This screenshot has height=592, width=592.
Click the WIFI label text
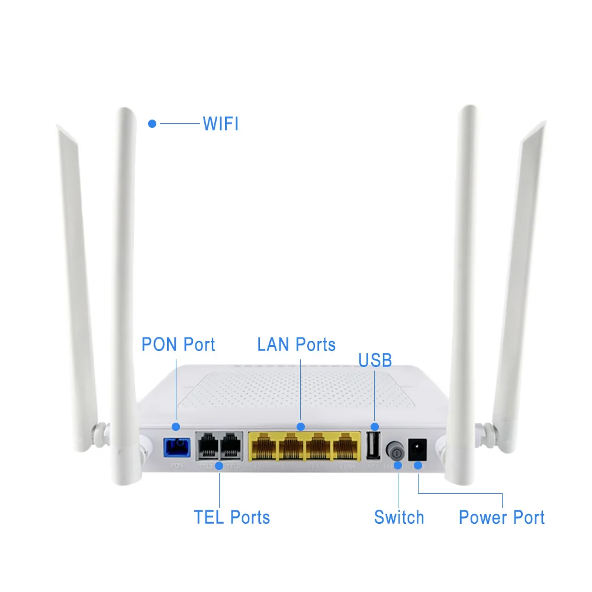pyautogui.click(x=220, y=124)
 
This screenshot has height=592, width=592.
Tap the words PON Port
pyautogui.click(x=178, y=344)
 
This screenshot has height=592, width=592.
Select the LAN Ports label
pyautogui.click(x=296, y=344)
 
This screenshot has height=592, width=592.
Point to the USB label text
pyautogui.click(x=375, y=361)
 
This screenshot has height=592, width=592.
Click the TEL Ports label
pyautogui.click(x=231, y=517)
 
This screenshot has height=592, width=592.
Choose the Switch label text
pyautogui.click(x=399, y=517)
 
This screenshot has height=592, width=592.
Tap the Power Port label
pyautogui.click(x=501, y=517)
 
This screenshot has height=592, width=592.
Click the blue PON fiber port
pyautogui.click(x=176, y=447)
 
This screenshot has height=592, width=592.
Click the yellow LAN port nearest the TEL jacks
pyautogui.click(x=265, y=447)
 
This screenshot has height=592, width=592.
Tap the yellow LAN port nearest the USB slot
pyautogui.click(x=346, y=447)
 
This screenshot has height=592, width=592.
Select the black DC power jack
pyautogui.click(x=419, y=448)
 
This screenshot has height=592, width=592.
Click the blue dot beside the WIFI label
pyautogui.click(x=152, y=124)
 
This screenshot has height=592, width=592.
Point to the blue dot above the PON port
pyautogui.click(x=175, y=426)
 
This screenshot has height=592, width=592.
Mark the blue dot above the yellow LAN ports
pyautogui.click(x=300, y=426)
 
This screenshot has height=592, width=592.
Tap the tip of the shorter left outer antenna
pyautogui.click(x=60, y=128)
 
